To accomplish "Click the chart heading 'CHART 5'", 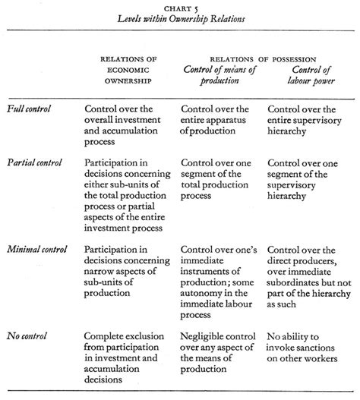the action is [181, 8].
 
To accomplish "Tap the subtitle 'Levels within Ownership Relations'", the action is [181, 19].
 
